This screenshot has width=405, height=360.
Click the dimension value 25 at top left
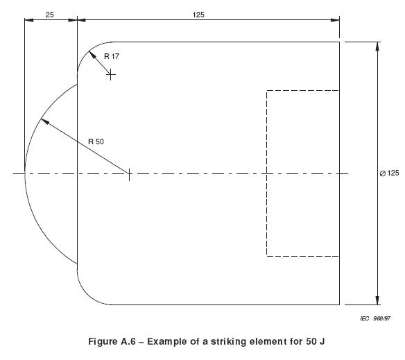point(50,15)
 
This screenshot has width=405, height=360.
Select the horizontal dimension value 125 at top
point(198,15)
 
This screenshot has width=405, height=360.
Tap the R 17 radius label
point(112,56)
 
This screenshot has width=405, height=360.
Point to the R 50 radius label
point(96,142)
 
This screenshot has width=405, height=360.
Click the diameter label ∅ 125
point(389,173)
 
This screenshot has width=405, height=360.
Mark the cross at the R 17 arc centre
point(111,75)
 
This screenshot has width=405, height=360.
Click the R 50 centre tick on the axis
point(129,173)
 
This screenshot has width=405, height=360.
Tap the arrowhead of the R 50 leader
point(44,121)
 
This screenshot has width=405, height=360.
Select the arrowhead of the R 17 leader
point(92,55)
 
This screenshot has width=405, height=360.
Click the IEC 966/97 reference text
point(375,318)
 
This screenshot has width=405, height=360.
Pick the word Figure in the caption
point(103,342)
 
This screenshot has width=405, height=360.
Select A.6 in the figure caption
point(128,341)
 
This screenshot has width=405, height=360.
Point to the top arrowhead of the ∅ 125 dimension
point(377,46)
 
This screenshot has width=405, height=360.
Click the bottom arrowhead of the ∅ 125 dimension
point(377,300)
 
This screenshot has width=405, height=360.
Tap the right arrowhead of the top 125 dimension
point(335,20)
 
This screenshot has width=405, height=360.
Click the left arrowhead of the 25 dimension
point(28,20)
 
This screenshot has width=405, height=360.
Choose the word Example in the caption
point(167,342)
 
